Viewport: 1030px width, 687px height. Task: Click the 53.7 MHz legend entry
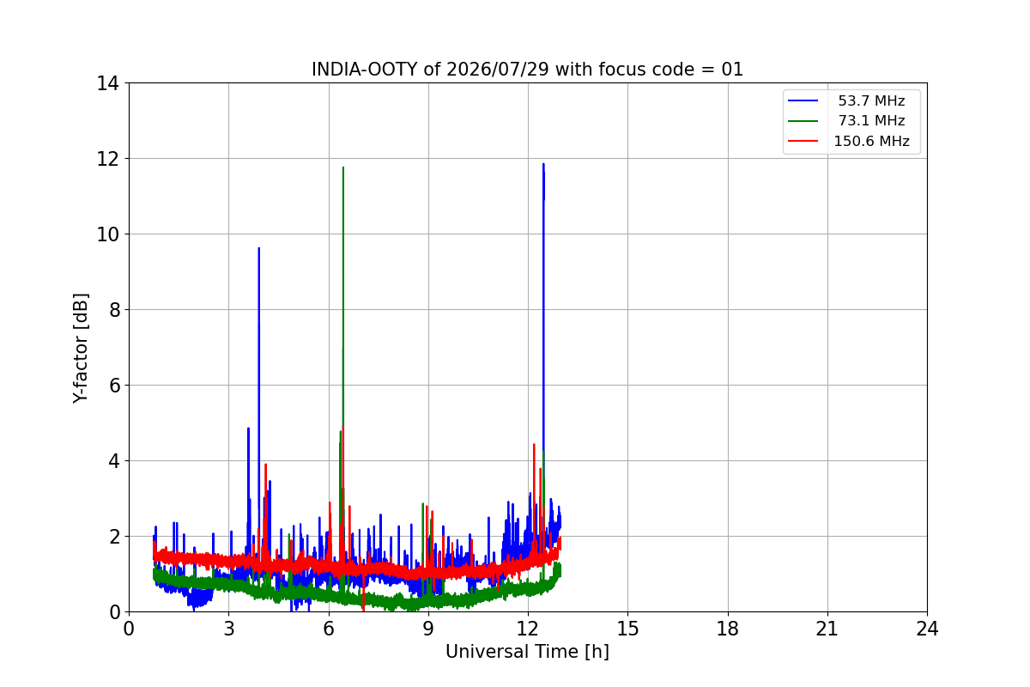point(871,100)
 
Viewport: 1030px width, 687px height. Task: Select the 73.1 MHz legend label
point(871,120)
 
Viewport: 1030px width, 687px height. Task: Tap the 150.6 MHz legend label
point(871,141)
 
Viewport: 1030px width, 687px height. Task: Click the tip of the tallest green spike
point(343,167)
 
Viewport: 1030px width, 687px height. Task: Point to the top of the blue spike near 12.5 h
point(543,164)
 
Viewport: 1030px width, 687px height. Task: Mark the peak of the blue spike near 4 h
point(259,248)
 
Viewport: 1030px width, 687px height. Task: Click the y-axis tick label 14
point(107,84)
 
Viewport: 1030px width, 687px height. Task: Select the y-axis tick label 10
point(107,234)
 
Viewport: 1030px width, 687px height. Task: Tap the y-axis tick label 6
point(115,386)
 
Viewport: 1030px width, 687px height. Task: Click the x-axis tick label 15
point(627,629)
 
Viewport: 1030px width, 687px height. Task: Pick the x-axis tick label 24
point(927,629)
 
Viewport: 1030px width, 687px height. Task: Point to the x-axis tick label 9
point(428,629)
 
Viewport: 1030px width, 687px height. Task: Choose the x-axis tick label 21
point(827,629)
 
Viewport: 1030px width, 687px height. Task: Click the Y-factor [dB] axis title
point(81,349)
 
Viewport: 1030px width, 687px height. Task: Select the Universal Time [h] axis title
point(527,652)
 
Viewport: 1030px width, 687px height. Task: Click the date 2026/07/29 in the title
point(498,70)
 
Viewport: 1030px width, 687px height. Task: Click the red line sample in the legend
point(803,141)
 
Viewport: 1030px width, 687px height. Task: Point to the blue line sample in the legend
point(803,100)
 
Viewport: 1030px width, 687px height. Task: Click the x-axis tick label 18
point(728,629)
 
